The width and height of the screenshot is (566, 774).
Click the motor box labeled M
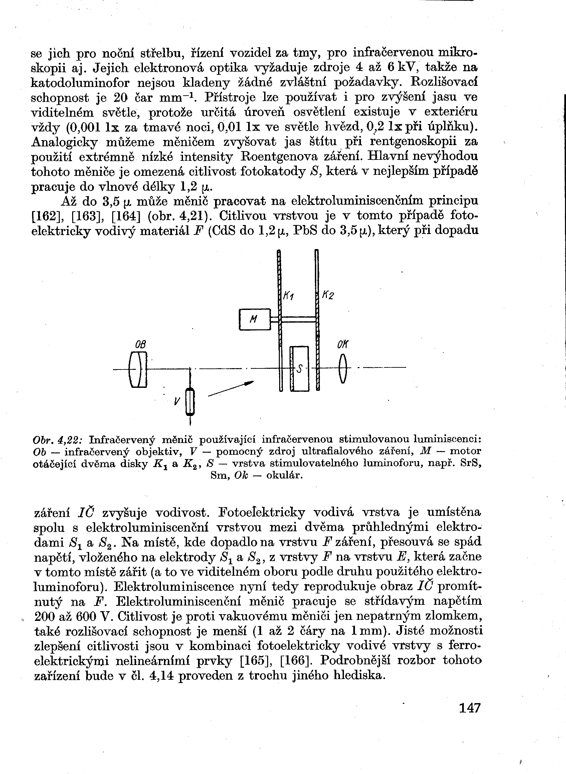[254, 319]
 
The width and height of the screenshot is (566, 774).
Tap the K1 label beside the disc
[289, 296]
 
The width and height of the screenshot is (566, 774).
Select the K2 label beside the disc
[328, 295]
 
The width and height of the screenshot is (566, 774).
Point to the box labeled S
[300, 368]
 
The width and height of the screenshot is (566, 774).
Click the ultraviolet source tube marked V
[190, 402]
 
